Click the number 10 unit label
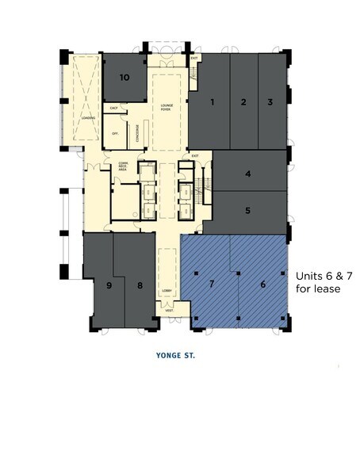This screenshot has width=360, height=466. [x=124, y=77]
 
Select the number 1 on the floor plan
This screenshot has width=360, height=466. [x=213, y=101]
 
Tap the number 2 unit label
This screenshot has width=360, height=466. [x=243, y=101]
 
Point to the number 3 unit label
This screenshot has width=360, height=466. [x=270, y=101]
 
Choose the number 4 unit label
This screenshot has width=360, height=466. [x=248, y=174]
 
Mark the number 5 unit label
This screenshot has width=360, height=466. [x=248, y=211]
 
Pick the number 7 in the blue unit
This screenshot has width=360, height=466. [x=212, y=283]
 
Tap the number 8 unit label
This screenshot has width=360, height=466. [x=140, y=285]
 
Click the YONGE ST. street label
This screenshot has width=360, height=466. [x=176, y=356]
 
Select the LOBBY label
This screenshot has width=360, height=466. [x=167, y=291]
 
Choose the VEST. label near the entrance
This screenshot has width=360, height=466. [x=169, y=310]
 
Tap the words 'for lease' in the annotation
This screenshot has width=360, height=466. [x=318, y=289]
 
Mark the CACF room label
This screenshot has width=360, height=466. [x=114, y=107]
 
